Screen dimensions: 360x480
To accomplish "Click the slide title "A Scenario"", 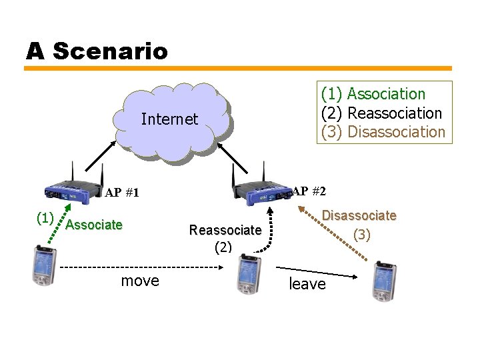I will click(x=97, y=51).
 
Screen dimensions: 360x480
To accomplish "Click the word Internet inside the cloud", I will click(x=169, y=119).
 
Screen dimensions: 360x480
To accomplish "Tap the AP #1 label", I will click(x=122, y=193).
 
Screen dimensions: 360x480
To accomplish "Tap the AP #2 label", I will click(x=309, y=191).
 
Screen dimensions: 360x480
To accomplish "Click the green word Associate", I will click(x=95, y=225).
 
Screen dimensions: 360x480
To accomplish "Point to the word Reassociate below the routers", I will click(x=225, y=230).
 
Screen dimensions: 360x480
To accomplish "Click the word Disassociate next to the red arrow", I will click(x=359, y=216).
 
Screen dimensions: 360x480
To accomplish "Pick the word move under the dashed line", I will click(x=140, y=281).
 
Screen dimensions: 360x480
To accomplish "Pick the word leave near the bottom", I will click(x=307, y=284).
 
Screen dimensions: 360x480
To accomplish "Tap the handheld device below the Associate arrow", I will click(x=44, y=265).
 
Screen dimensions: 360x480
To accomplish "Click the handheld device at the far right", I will click(x=385, y=279).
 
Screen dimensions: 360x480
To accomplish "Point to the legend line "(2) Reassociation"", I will click(x=381, y=113).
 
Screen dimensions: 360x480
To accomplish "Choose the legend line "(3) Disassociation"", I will click(x=383, y=132).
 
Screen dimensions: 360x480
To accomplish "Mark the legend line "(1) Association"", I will click(x=373, y=94).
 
